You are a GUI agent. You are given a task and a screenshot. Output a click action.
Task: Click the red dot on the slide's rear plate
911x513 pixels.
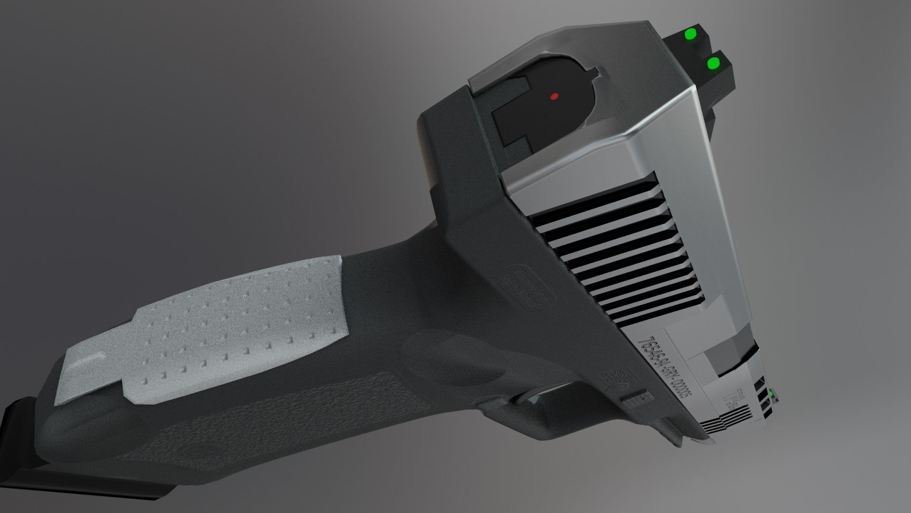[553, 96]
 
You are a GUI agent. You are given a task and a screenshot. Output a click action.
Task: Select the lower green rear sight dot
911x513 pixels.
[712, 63]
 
